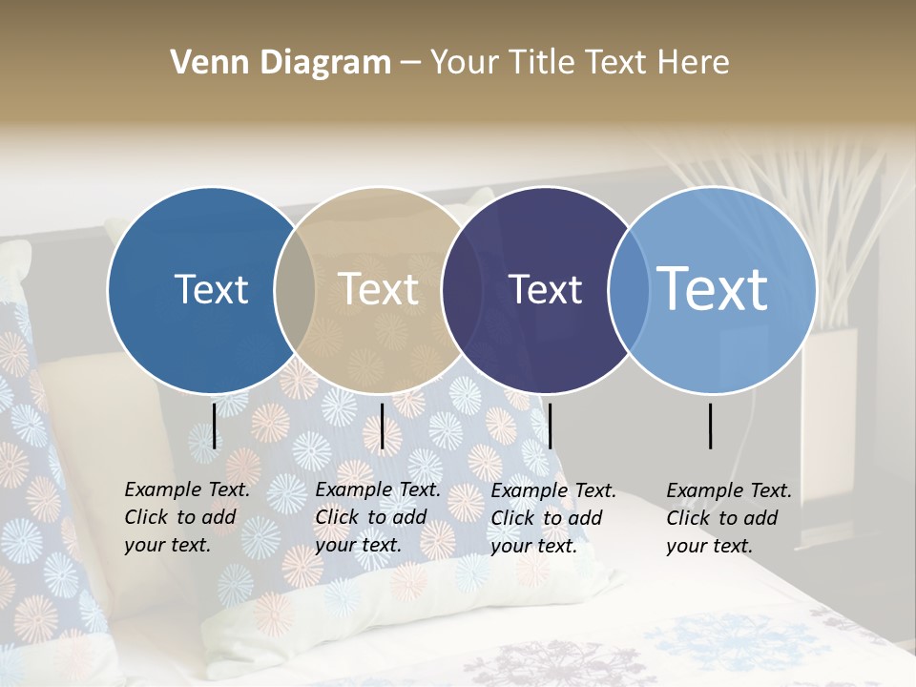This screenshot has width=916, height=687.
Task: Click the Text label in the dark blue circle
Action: click(x=211, y=289)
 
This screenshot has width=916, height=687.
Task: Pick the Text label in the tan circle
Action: click(x=379, y=289)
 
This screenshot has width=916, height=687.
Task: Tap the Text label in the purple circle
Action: click(x=546, y=289)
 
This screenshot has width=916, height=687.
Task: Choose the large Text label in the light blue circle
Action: click(x=713, y=289)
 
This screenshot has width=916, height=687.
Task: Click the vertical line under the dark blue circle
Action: click(x=214, y=426)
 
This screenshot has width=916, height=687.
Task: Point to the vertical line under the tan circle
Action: click(x=382, y=426)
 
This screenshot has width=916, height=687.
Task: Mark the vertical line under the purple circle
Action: click(x=550, y=426)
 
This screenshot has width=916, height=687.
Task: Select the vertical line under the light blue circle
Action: click(x=711, y=426)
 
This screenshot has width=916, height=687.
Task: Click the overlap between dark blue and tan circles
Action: click(x=295, y=290)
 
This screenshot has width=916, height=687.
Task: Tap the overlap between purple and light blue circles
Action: click(x=627, y=290)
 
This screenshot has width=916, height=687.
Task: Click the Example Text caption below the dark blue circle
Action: click(x=187, y=517)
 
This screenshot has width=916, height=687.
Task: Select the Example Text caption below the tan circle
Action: click(x=378, y=517)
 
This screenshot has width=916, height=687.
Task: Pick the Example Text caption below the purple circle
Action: click(x=553, y=518)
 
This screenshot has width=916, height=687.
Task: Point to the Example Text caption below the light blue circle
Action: click(x=729, y=518)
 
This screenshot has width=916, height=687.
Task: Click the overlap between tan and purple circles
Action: click(x=461, y=290)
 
